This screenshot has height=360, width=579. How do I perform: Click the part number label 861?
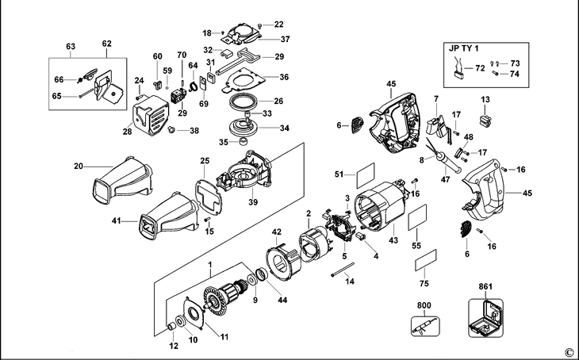[485, 286]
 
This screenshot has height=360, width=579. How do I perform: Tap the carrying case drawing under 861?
[486, 318]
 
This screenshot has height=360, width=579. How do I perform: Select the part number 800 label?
[424, 305]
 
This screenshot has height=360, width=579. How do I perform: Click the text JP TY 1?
[464, 48]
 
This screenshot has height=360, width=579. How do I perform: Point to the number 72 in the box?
[480, 68]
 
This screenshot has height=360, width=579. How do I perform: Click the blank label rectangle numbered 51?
[366, 175]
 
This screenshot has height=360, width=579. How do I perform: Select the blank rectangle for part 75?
[426, 260]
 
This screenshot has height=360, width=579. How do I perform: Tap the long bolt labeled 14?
[343, 269]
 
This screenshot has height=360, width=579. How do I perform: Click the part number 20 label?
[79, 167]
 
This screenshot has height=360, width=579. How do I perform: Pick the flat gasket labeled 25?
[209, 197]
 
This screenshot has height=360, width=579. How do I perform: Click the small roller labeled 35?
[243, 141]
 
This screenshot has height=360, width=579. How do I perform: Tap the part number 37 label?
[285, 39]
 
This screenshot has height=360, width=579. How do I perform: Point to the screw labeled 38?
[171, 129]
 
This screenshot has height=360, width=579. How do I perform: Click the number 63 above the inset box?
[71, 46]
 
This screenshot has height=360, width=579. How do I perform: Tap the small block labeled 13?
[485, 121]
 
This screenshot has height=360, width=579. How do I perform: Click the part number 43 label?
[393, 240]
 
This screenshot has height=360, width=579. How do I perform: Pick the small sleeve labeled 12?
[171, 327]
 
